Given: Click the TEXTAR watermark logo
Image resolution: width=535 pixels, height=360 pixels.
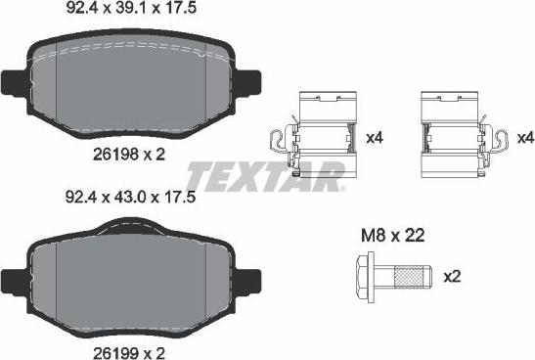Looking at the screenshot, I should (265, 177).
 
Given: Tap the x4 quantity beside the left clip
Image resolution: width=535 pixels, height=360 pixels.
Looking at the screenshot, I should (375, 138).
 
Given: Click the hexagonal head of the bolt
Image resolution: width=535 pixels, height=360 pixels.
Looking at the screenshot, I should (365, 276).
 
